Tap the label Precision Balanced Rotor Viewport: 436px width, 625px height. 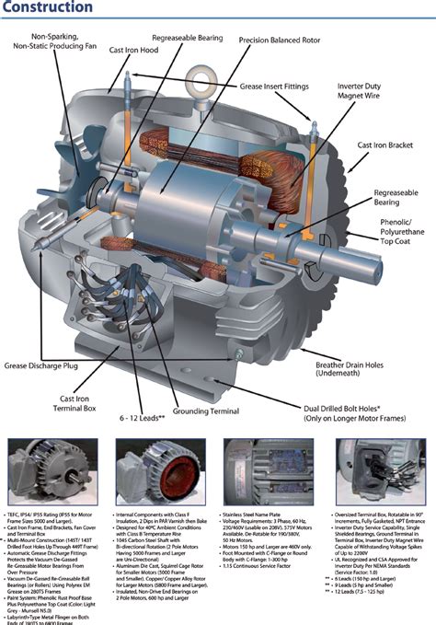pos(280,41)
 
